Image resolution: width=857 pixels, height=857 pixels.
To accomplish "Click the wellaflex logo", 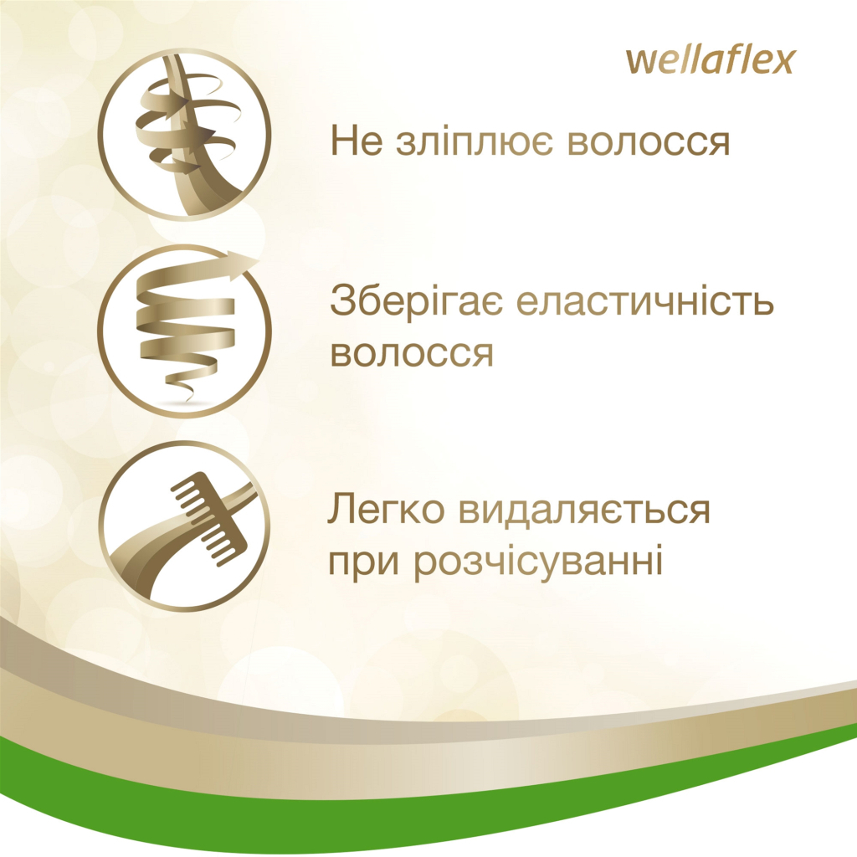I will (710, 61).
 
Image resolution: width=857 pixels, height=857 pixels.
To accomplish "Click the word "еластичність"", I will (645, 302).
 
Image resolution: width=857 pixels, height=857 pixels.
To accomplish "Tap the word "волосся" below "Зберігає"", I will (412, 353).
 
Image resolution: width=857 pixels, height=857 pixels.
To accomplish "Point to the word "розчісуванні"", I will (539, 562).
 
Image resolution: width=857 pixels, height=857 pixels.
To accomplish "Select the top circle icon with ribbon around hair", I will (184, 135).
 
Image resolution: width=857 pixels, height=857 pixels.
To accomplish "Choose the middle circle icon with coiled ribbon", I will (184, 331).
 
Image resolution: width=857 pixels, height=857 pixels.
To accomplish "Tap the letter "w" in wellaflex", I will (641, 62).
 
